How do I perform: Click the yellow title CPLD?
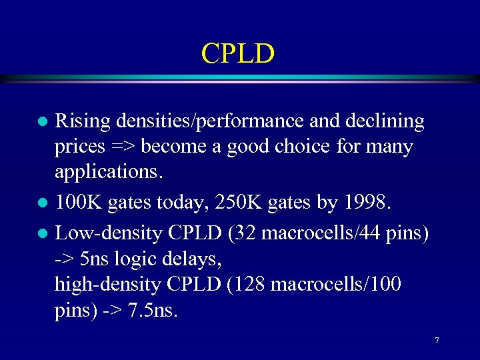click(238, 54)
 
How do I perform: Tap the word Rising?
click(83, 121)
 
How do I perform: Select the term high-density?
click(107, 285)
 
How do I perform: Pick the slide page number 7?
click(437, 341)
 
